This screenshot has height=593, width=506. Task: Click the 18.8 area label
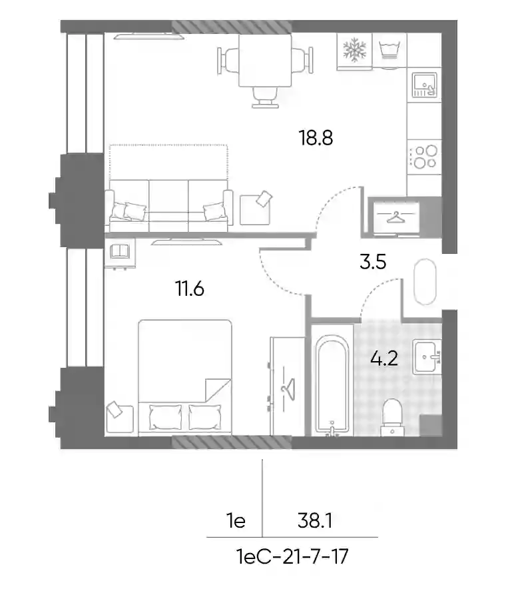[316, 138]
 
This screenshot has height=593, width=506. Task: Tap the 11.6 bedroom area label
[190, 289]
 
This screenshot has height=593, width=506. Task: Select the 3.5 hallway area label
[373, 262]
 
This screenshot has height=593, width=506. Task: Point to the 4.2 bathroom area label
[384, 358]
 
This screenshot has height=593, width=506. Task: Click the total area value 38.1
[315, 521]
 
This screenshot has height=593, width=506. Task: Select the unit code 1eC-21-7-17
[292, 556]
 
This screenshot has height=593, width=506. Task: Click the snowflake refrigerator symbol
[354, 50]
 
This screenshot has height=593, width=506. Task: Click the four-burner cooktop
[424, 157]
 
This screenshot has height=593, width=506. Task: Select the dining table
[265, 61]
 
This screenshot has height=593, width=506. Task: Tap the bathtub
[332, 385]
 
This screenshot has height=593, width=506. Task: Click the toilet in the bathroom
[392, 417]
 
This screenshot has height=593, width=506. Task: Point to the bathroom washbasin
[427, 356]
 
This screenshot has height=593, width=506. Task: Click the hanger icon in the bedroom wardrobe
[288, 387]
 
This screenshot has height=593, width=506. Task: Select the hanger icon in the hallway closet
[395, 217]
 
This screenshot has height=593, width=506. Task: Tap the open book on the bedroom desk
[119, 251]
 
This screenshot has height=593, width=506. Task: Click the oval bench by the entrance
[425, 282]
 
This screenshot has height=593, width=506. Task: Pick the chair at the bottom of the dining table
[265, 97]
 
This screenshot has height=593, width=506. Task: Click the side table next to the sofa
[255, 209]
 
